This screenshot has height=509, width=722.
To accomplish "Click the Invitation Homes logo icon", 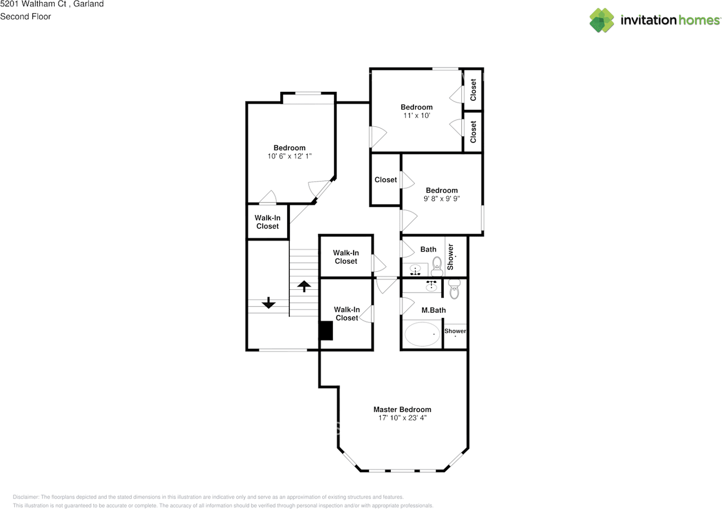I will pyautogui.click(x=602, y=20).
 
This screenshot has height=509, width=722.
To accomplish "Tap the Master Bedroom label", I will pyautogui.click(x=402, y=409).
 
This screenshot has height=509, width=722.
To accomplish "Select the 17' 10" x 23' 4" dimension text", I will pyautogui.click(x=402, y=418).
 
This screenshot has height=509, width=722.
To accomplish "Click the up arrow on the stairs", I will pyautogui.click(x=303, y=286).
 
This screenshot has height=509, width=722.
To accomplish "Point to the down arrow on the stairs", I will pyautogui.click(x=268, y=303).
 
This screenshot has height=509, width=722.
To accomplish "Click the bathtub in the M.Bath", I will pyautogui.click(x=422, y=334).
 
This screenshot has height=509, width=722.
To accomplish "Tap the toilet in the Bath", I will pyautogui.click(x=437, y=266).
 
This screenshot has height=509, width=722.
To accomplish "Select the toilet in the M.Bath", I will pyautogui.click(x=455, y=290).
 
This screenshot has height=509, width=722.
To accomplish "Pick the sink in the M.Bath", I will pyautogui.click(x=432, y=285).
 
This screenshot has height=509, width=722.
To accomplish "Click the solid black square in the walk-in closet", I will pyautogui.click(x=326, y=330).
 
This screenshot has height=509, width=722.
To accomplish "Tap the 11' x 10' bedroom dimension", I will pyautogui.click(x=416, y=116).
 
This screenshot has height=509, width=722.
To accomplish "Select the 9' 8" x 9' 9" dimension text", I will pyautogui.click(x=442, y=198).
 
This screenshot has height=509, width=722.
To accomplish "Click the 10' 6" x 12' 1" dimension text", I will pyautogui.click(x=289, y=156).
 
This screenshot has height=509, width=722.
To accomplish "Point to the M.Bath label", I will pyautogui.click(x=434, y=310).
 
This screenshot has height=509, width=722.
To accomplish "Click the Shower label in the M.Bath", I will pyautogui.click(x=455, y=331).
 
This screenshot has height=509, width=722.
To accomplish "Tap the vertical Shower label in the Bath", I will pyautogui.click(x=450, y=256).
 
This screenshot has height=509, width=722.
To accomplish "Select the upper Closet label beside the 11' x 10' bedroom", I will pyautogui.click(x=473, y=90).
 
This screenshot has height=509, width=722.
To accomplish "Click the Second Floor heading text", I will pyautogui.click(x=25, y=16).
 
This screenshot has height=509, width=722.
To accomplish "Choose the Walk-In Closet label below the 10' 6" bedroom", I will pyautogui.click(x=267, y=222).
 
